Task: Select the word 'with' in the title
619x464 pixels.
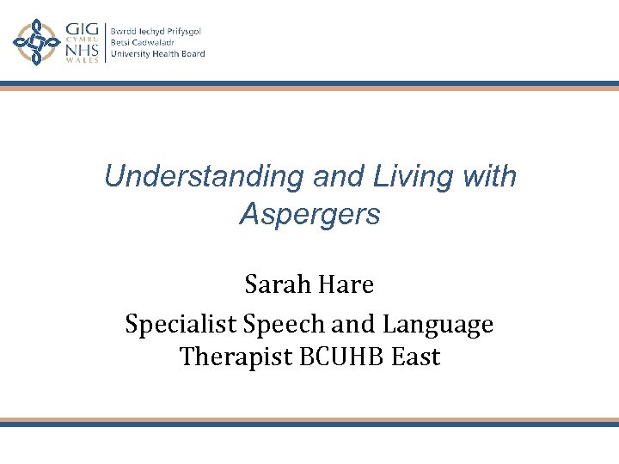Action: pos(487,177)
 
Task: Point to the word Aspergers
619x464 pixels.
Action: pos(309,214)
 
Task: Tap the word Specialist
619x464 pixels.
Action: pos(180,325)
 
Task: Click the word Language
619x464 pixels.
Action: pos(438,325)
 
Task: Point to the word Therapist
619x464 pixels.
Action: pos(233,356)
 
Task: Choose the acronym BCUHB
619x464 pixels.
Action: pos(339,356)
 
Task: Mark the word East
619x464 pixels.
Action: pos(415,356)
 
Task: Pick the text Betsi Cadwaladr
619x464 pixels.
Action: pos(144,42)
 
